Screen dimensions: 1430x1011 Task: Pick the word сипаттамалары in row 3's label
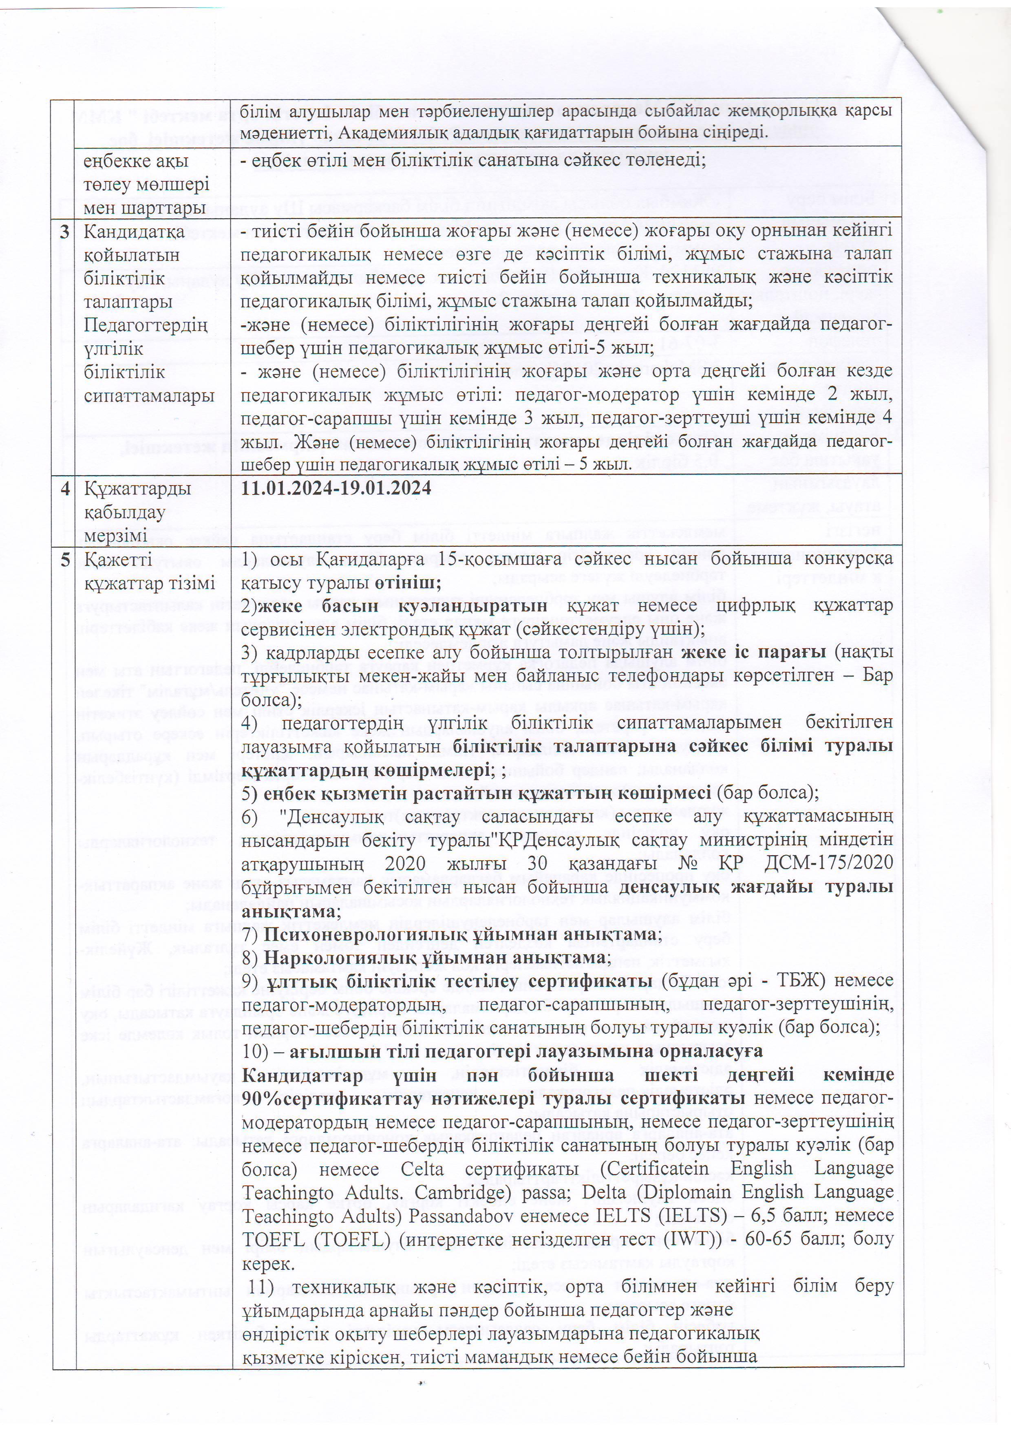(145, 396)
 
